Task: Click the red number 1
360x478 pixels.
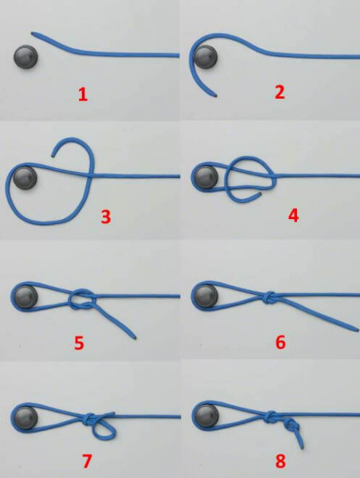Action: click(x=83, y=95)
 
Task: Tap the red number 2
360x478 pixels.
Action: click(x=280, y=92)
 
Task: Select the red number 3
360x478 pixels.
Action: click(x=106, y=217)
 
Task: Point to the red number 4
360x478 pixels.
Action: click(x=293, y=216)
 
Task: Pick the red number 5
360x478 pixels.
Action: click(x=79, y=343)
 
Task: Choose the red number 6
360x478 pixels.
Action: click(x=280, y=342)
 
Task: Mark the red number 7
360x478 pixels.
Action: click(x=87, y=461)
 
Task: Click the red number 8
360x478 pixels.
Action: click(x=280, y=461)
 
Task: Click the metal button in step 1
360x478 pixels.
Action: click(x=26, y=57)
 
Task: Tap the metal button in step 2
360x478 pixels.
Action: click(x=205, y=57)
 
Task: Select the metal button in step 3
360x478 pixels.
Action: click(x=25, y=178)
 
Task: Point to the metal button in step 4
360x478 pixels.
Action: click(x=206, y=178)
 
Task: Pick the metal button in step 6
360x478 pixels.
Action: click(x=206, y=296)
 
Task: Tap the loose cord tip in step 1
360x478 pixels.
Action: click(x=33, y=33)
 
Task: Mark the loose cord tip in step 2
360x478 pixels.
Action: click(x=216, y=96)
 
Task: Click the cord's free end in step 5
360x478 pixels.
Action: click(x=135, y=338)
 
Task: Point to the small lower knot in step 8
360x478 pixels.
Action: click(x=292, y=425)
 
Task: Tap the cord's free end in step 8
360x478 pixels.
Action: click(x=303, y=448)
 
